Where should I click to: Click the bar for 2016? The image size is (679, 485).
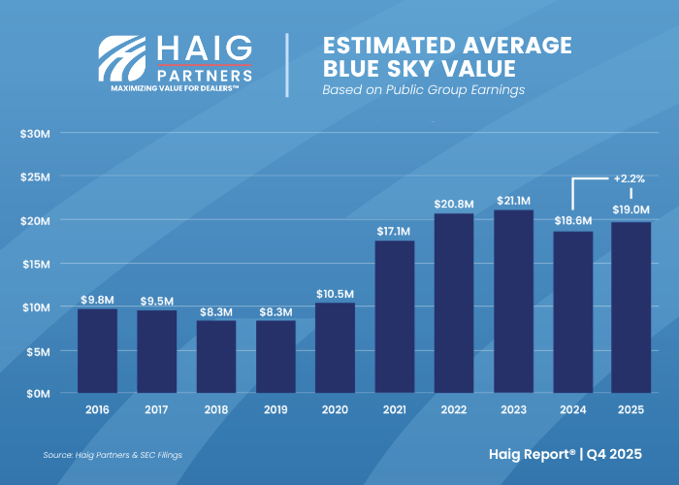(97, 350)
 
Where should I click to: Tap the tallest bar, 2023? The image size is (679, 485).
(513, 301)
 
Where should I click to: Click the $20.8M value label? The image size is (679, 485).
(454, 204)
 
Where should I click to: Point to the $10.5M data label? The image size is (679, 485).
(335, 293)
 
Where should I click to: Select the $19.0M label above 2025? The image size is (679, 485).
(631, 210)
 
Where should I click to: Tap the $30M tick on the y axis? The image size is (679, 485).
(36, 133)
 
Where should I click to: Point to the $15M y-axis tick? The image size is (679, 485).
(36, 264)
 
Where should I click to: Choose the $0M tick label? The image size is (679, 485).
(38, 394)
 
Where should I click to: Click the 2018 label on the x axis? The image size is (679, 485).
(216, 410)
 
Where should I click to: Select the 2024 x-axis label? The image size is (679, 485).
(572, 410)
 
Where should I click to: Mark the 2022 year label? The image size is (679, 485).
(454, 410)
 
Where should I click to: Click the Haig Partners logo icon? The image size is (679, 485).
(123, 59)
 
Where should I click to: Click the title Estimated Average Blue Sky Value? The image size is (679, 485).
(446, 57)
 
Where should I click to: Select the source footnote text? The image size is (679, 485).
(113, 454)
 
